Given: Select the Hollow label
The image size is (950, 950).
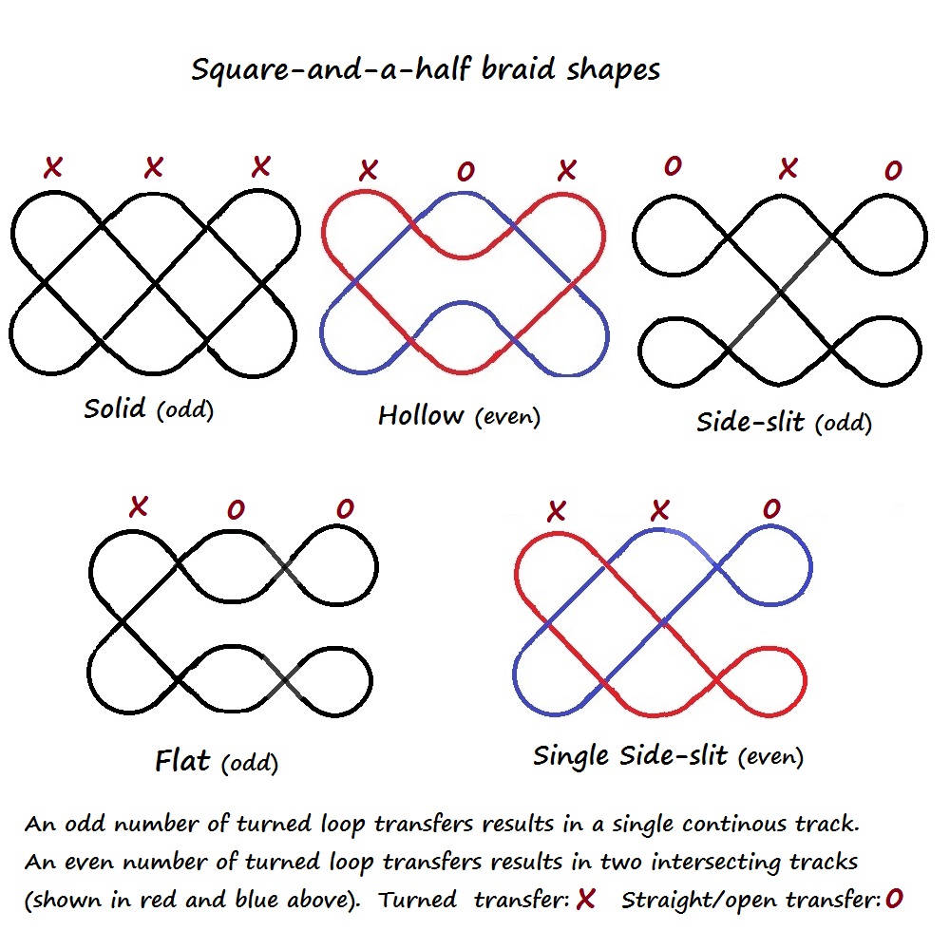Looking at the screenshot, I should pos(421,415).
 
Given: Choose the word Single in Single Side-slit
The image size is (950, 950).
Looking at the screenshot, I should pos(571,755).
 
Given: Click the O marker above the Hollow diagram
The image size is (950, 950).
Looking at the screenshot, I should pos(465,172).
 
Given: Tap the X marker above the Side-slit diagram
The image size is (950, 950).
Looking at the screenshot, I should pos(788,169).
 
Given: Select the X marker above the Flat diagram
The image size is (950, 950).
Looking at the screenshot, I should pos(139,506).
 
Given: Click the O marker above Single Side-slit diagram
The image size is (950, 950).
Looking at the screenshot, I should pos(771,509).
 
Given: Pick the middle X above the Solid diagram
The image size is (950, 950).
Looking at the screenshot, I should pos(153,169).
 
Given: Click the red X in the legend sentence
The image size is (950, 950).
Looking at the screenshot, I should pos(585,899).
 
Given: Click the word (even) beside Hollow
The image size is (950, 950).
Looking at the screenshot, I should pos(506,417).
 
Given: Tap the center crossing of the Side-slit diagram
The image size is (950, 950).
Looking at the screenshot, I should pos(779,294).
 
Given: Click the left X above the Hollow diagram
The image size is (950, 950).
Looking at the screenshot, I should pos(368,171).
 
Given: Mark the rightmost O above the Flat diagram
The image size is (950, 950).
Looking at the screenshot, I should pos(344,509).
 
